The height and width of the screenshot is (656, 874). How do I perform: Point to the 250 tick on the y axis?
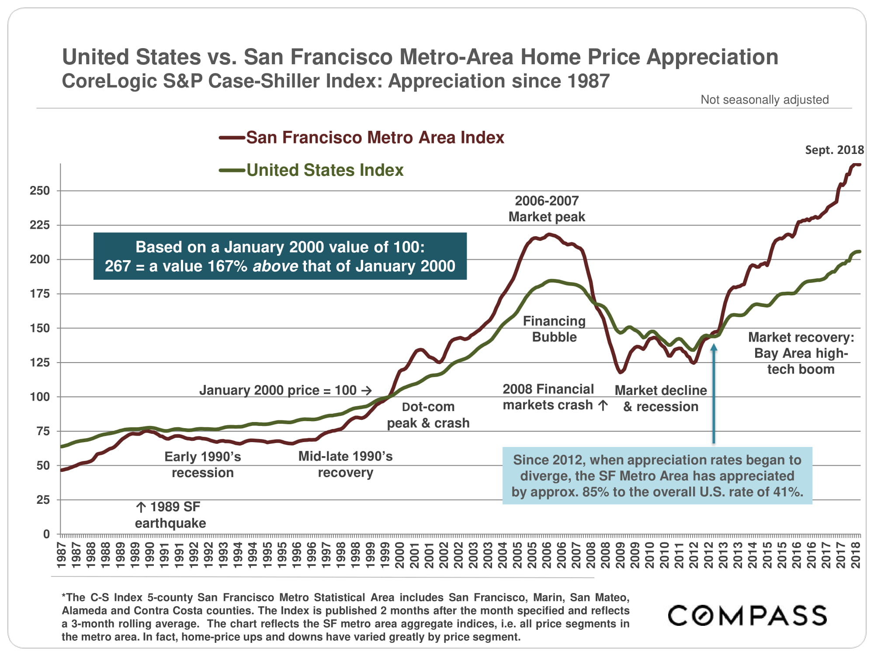[40, 191]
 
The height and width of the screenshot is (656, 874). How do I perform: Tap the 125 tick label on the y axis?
[40, 363]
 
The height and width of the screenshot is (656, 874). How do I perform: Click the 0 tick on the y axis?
[46, 534]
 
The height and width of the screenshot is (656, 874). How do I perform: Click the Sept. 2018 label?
[834, 150]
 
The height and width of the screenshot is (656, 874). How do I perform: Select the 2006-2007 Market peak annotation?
[546, 209]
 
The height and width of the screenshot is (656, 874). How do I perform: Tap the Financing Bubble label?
[554, 329]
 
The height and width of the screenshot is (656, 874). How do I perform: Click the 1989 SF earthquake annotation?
[170, 515]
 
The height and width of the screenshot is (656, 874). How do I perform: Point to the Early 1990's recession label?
[202, 464]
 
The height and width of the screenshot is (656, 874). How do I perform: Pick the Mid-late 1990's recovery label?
[345, 464]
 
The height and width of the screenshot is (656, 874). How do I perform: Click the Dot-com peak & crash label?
[428, 415]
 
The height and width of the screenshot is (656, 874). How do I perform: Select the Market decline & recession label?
[660, 398]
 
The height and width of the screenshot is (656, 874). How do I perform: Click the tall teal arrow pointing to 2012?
[714, 394]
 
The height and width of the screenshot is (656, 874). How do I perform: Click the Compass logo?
[747, 615]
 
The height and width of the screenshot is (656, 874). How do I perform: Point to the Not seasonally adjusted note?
[764, 100]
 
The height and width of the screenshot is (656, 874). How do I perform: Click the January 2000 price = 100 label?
[285, 390]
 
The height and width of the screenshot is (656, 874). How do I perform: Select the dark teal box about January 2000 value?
[280, 256]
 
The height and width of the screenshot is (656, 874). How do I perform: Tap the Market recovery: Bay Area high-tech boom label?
[801, 353]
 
